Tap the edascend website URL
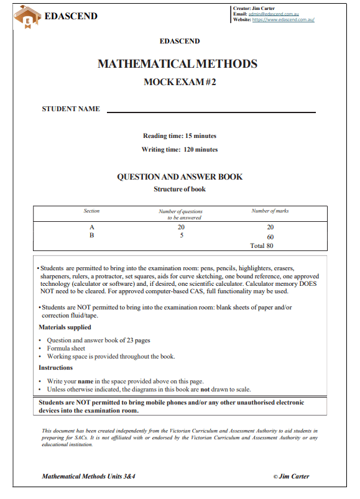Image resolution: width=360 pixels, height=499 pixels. pyautogui.click(x=283, y=19)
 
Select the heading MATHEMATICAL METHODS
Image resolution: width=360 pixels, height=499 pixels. pyautogui.click(x=177, y=64)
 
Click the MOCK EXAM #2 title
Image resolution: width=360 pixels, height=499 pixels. pyautogui.click(x=180, y=81)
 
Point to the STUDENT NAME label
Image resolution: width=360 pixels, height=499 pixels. pyautogui.click(x=70, y=109)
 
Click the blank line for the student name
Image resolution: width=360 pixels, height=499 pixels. pyautogui.click(x=211, y=111)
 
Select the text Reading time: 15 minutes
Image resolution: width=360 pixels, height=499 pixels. pyautogui.click(x=180, y=135)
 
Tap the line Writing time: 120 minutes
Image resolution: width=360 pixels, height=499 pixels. pyautogui.click(x=180, y=149)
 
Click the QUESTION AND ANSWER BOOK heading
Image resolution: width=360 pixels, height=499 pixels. pyautogui.click(x=180, y=176)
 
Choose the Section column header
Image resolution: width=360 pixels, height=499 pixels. pyautogui.click(x=91, y=211)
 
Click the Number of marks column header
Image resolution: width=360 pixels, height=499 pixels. pyautogui.click(x=270, y=211)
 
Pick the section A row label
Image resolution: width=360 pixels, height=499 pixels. pyautogui.click(x=91, y=227)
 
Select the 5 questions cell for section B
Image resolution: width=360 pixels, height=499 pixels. pyautogui.click(x=180, y=236)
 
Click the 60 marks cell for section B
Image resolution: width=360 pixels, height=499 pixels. pyautogui.click(x=270, y=237)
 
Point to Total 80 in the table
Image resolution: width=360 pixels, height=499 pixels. pyautogui.click(x=262, y=245)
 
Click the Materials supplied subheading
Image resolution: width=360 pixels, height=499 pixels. pyautogui.click(x=65, y=327)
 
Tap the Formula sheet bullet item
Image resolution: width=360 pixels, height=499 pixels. pyautogui.click(x=66, y=349)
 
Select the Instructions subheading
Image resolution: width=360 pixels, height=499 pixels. pyautogui.click(x=55, y=368)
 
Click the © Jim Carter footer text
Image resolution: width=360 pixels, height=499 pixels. pyautogui.click(x=291, y=477)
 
